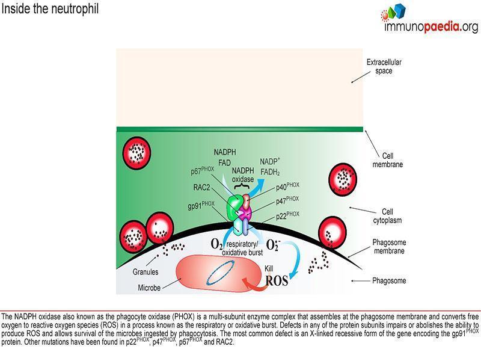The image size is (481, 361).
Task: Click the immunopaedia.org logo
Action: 429,18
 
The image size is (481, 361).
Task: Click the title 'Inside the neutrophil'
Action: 50,8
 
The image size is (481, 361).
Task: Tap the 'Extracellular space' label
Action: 384,66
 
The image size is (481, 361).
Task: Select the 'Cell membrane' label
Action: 387,160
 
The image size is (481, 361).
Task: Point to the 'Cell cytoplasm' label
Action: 387,216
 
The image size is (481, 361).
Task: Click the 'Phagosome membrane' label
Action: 389,247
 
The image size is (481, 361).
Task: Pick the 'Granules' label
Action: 146,272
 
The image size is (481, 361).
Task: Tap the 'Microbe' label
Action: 149,288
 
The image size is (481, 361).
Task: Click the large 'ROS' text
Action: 277,280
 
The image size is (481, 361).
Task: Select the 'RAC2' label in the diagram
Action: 201,187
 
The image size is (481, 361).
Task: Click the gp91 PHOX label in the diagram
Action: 201,205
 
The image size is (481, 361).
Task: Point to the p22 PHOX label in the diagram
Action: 287,215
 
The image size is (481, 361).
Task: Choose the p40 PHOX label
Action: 287,187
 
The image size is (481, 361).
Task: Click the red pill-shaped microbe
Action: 218,273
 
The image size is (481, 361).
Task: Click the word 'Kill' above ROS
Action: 269,268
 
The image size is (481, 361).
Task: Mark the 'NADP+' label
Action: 270,161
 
